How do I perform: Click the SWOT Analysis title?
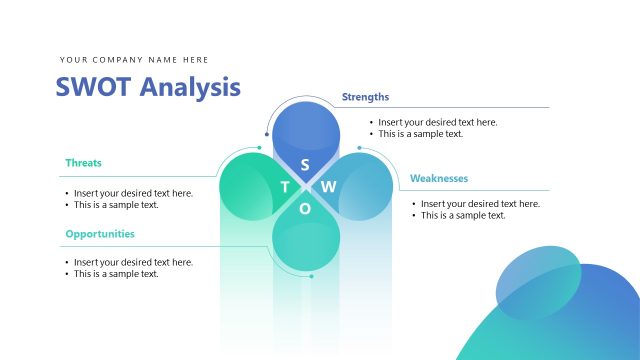click(148, 87)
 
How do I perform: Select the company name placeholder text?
click(134, 60)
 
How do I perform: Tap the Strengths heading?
click(365, 97)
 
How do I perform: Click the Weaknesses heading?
click(439, 179)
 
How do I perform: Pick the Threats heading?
click(83, 162)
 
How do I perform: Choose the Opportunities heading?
click(100, 234)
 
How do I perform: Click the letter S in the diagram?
click(305, 164)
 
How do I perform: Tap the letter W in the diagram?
click(329, 187)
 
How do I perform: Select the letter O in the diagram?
click(305, 209)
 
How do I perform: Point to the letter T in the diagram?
click(284, 187)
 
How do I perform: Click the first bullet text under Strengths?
click(437, 122)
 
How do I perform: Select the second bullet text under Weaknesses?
click(463, 215)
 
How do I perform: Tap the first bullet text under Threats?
click(133, 193)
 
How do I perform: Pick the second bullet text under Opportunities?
click(116, 274)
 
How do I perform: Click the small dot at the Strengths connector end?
click(267, 134)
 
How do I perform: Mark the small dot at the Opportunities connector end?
click(311, 276)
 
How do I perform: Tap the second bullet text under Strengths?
click(420, 134)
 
